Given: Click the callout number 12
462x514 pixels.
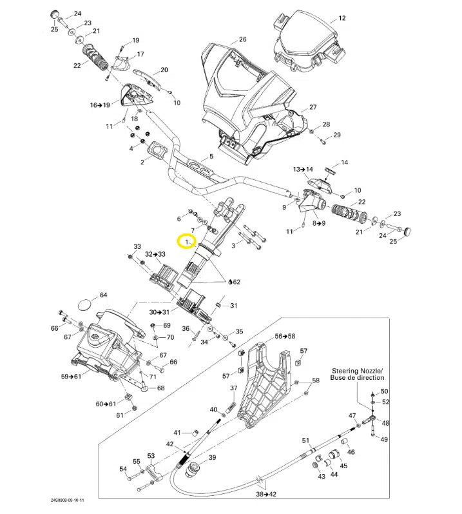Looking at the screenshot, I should pyautogui.click(x=342, y=18).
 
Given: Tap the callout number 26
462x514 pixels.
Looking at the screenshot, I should pyautogui.click(x=242, y=39).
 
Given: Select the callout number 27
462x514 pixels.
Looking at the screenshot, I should pyautogui.click(x=313, y=107).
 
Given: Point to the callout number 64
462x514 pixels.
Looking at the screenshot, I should pyautogui.click(x=103, y=295).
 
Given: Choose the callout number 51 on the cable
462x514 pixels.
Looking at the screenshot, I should pyautogui.click(x=306, y=440).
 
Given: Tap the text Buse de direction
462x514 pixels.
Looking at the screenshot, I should pyautogui.click(x=358, y=378).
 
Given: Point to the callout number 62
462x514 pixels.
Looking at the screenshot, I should pyautogui.click(x=236, y=282).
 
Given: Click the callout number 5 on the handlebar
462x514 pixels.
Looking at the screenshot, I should pyautogui.click(x=211, y=157).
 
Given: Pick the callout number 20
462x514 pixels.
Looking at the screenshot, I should pyautogui.click(x=164, y=70).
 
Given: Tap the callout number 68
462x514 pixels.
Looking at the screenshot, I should pyautogui.click(x=160, y=388).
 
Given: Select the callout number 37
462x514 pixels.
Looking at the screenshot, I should pyautogui.click(x=234, y=388).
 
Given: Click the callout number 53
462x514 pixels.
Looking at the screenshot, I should pyautogui.click(x=151, y=455).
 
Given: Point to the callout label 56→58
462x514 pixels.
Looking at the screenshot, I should pyautogui.click(x=284, y=337).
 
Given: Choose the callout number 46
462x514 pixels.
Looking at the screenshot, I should pyautogui.click(x=351, y=452).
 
